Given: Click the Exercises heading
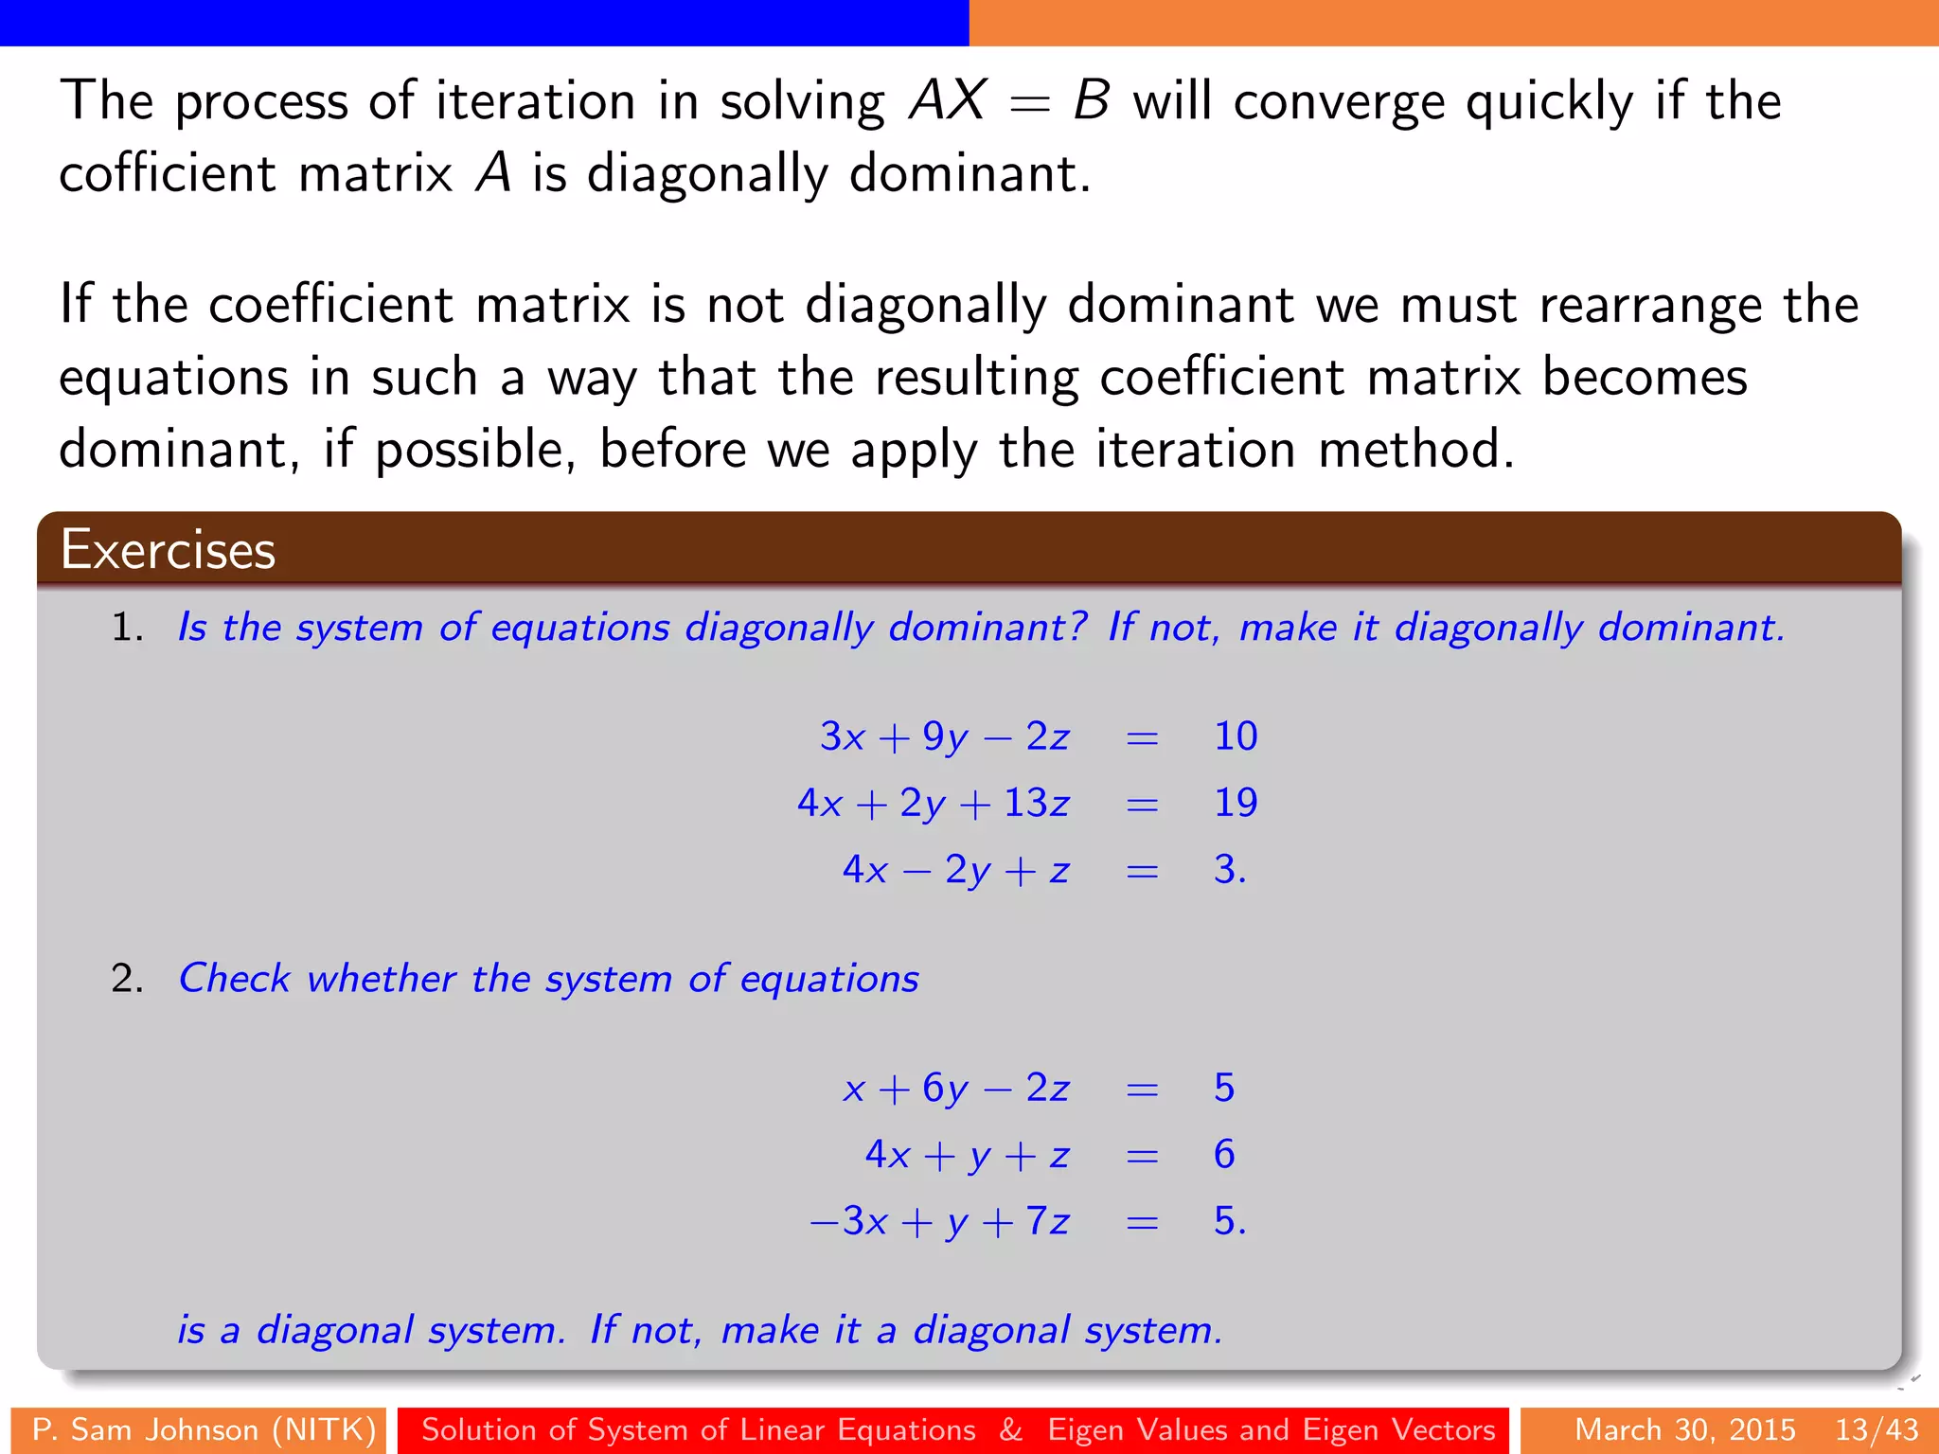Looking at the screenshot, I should pos(168,550).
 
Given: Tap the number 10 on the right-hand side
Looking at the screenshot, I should pos(1235,736).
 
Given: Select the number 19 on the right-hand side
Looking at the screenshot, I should pos(1235,803).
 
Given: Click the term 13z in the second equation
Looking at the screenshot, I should pos(1036,803).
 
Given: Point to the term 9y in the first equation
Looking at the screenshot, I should pos(945,737).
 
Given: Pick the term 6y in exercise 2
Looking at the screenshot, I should pos(945,1089).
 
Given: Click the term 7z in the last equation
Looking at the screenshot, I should pos(1047,1221).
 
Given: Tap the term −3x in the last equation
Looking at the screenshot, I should pos(849,1221).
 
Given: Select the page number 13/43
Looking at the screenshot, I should pos(1877,1429).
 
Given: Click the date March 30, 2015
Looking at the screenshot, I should pos(1685,1429).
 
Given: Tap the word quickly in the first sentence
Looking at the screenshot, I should pos(1549,102).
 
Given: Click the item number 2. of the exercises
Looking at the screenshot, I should pos(127,979).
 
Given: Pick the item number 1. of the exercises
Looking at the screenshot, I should pos(127,628).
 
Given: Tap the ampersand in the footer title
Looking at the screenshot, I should pos(1011,1429).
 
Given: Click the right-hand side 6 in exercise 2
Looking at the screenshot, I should pos(1223,1155).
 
